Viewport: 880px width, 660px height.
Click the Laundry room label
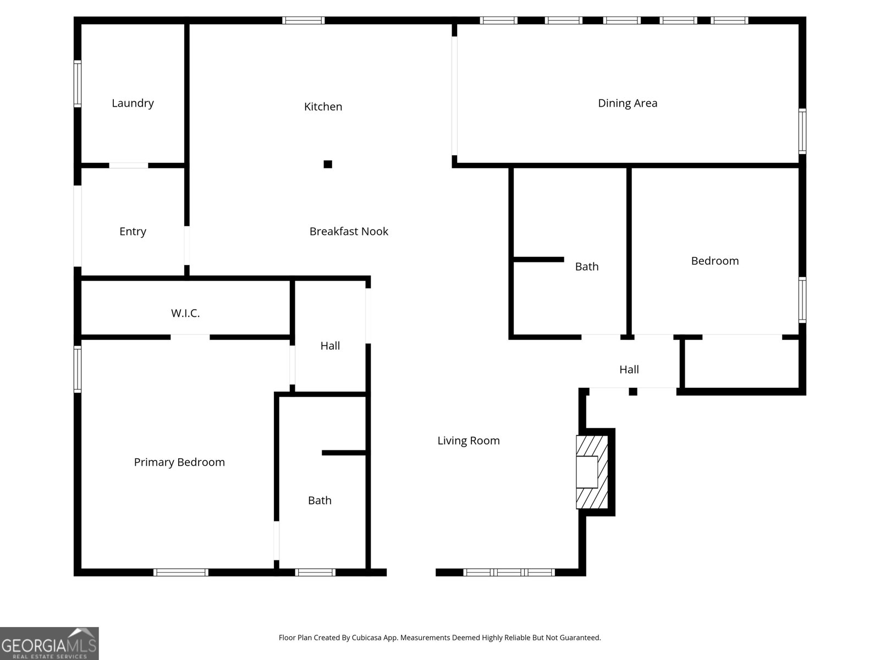click(133, 103)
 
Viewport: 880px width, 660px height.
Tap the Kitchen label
click(323, 107)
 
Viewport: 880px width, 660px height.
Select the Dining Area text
click(628, 103)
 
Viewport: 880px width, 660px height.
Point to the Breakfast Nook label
click(349, 232)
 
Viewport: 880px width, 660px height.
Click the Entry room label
click(133, 232)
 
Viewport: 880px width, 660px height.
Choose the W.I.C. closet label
click(185, 313)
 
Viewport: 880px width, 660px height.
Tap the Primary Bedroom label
click(179, 463)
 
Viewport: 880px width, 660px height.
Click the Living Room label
click(469, 441)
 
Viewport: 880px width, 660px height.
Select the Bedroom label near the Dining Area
click(714, 261)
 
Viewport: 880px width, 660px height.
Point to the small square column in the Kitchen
click(328, 164)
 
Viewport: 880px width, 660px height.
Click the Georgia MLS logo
click(49, 643)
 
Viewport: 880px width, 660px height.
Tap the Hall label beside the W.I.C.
click(330, 346)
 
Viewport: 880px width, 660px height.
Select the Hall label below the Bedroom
click(629, 370)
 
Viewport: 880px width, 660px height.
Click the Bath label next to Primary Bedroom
click(320, 501)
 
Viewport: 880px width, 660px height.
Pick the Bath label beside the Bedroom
click(586, 267)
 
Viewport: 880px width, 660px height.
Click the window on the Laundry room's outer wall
click(78, 84)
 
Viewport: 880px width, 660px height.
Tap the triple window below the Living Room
click(509, 573)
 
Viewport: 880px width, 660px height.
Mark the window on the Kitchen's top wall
click(304, 20)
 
